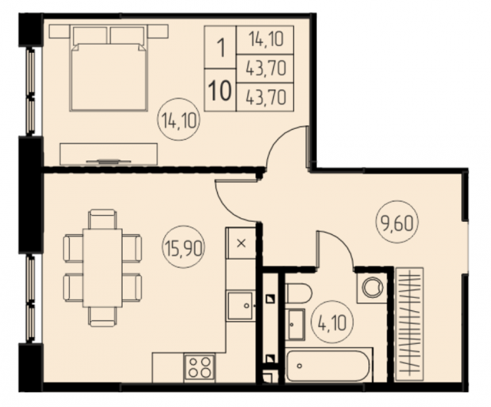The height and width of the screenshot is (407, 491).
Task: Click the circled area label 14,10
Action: click(x=180, y=121)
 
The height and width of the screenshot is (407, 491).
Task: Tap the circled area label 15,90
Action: click(x=183, y=247)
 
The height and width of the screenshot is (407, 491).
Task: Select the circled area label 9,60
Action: click(x=397, y=222)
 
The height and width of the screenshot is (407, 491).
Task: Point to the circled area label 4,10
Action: click(x=332, y=323)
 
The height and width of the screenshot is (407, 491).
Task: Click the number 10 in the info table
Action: click(x=220, y=91)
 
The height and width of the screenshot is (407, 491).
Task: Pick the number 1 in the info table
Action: click(x=221, y=48)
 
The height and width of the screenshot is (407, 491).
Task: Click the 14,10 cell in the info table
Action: click(x=266, y=40)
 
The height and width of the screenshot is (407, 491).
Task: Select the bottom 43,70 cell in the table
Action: click(x=266, y=97)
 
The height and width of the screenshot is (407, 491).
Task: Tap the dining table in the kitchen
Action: click(x=102, y=268)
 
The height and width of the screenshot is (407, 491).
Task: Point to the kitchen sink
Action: click(x=240, y=306)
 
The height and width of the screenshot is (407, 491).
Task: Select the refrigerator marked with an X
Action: click(x=241, y=243)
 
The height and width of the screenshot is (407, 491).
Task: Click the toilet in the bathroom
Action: click(x=298, y=293)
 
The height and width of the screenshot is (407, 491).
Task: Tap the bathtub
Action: click(x=328, y=366)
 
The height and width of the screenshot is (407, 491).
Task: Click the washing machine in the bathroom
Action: click(x=372, y=288)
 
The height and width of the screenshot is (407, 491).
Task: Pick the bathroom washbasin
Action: click(x=296, y=325)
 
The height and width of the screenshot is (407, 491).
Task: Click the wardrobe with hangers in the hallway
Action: click(x=410, y=324)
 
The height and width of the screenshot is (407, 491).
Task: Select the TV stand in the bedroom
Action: click(x=108, y=154)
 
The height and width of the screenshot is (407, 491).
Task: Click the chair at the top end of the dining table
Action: click(x=103, y=219)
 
